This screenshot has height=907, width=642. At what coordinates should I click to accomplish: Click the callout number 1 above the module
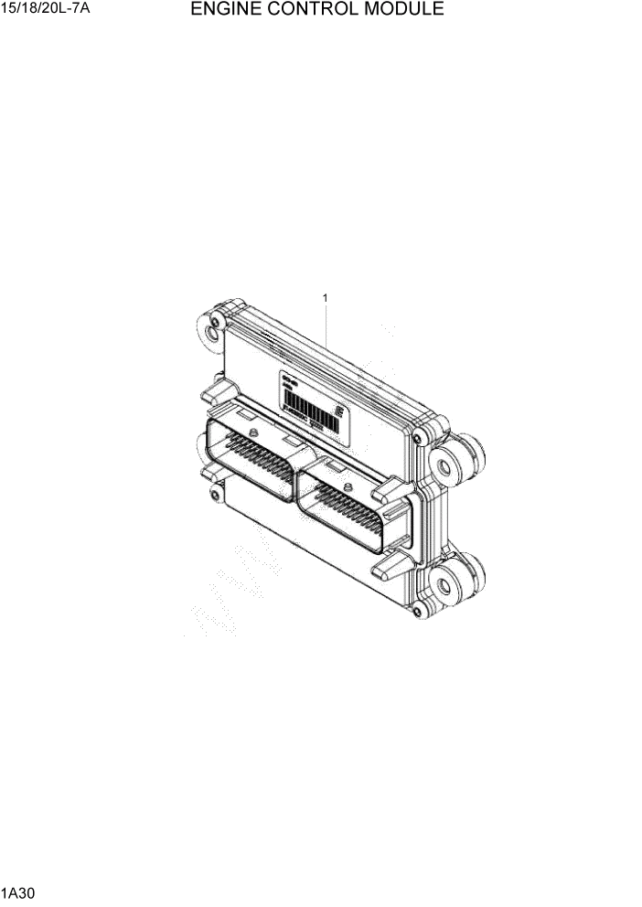325,297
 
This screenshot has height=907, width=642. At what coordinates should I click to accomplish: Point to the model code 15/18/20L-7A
39,10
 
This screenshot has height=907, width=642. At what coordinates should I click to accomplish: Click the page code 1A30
16,891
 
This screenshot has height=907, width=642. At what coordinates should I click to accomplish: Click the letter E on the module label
339,412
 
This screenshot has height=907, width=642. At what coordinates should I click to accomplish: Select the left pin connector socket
251,457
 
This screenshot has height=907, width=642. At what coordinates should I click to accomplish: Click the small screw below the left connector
214,495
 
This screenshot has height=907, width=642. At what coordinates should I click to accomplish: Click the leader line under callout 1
326,325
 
